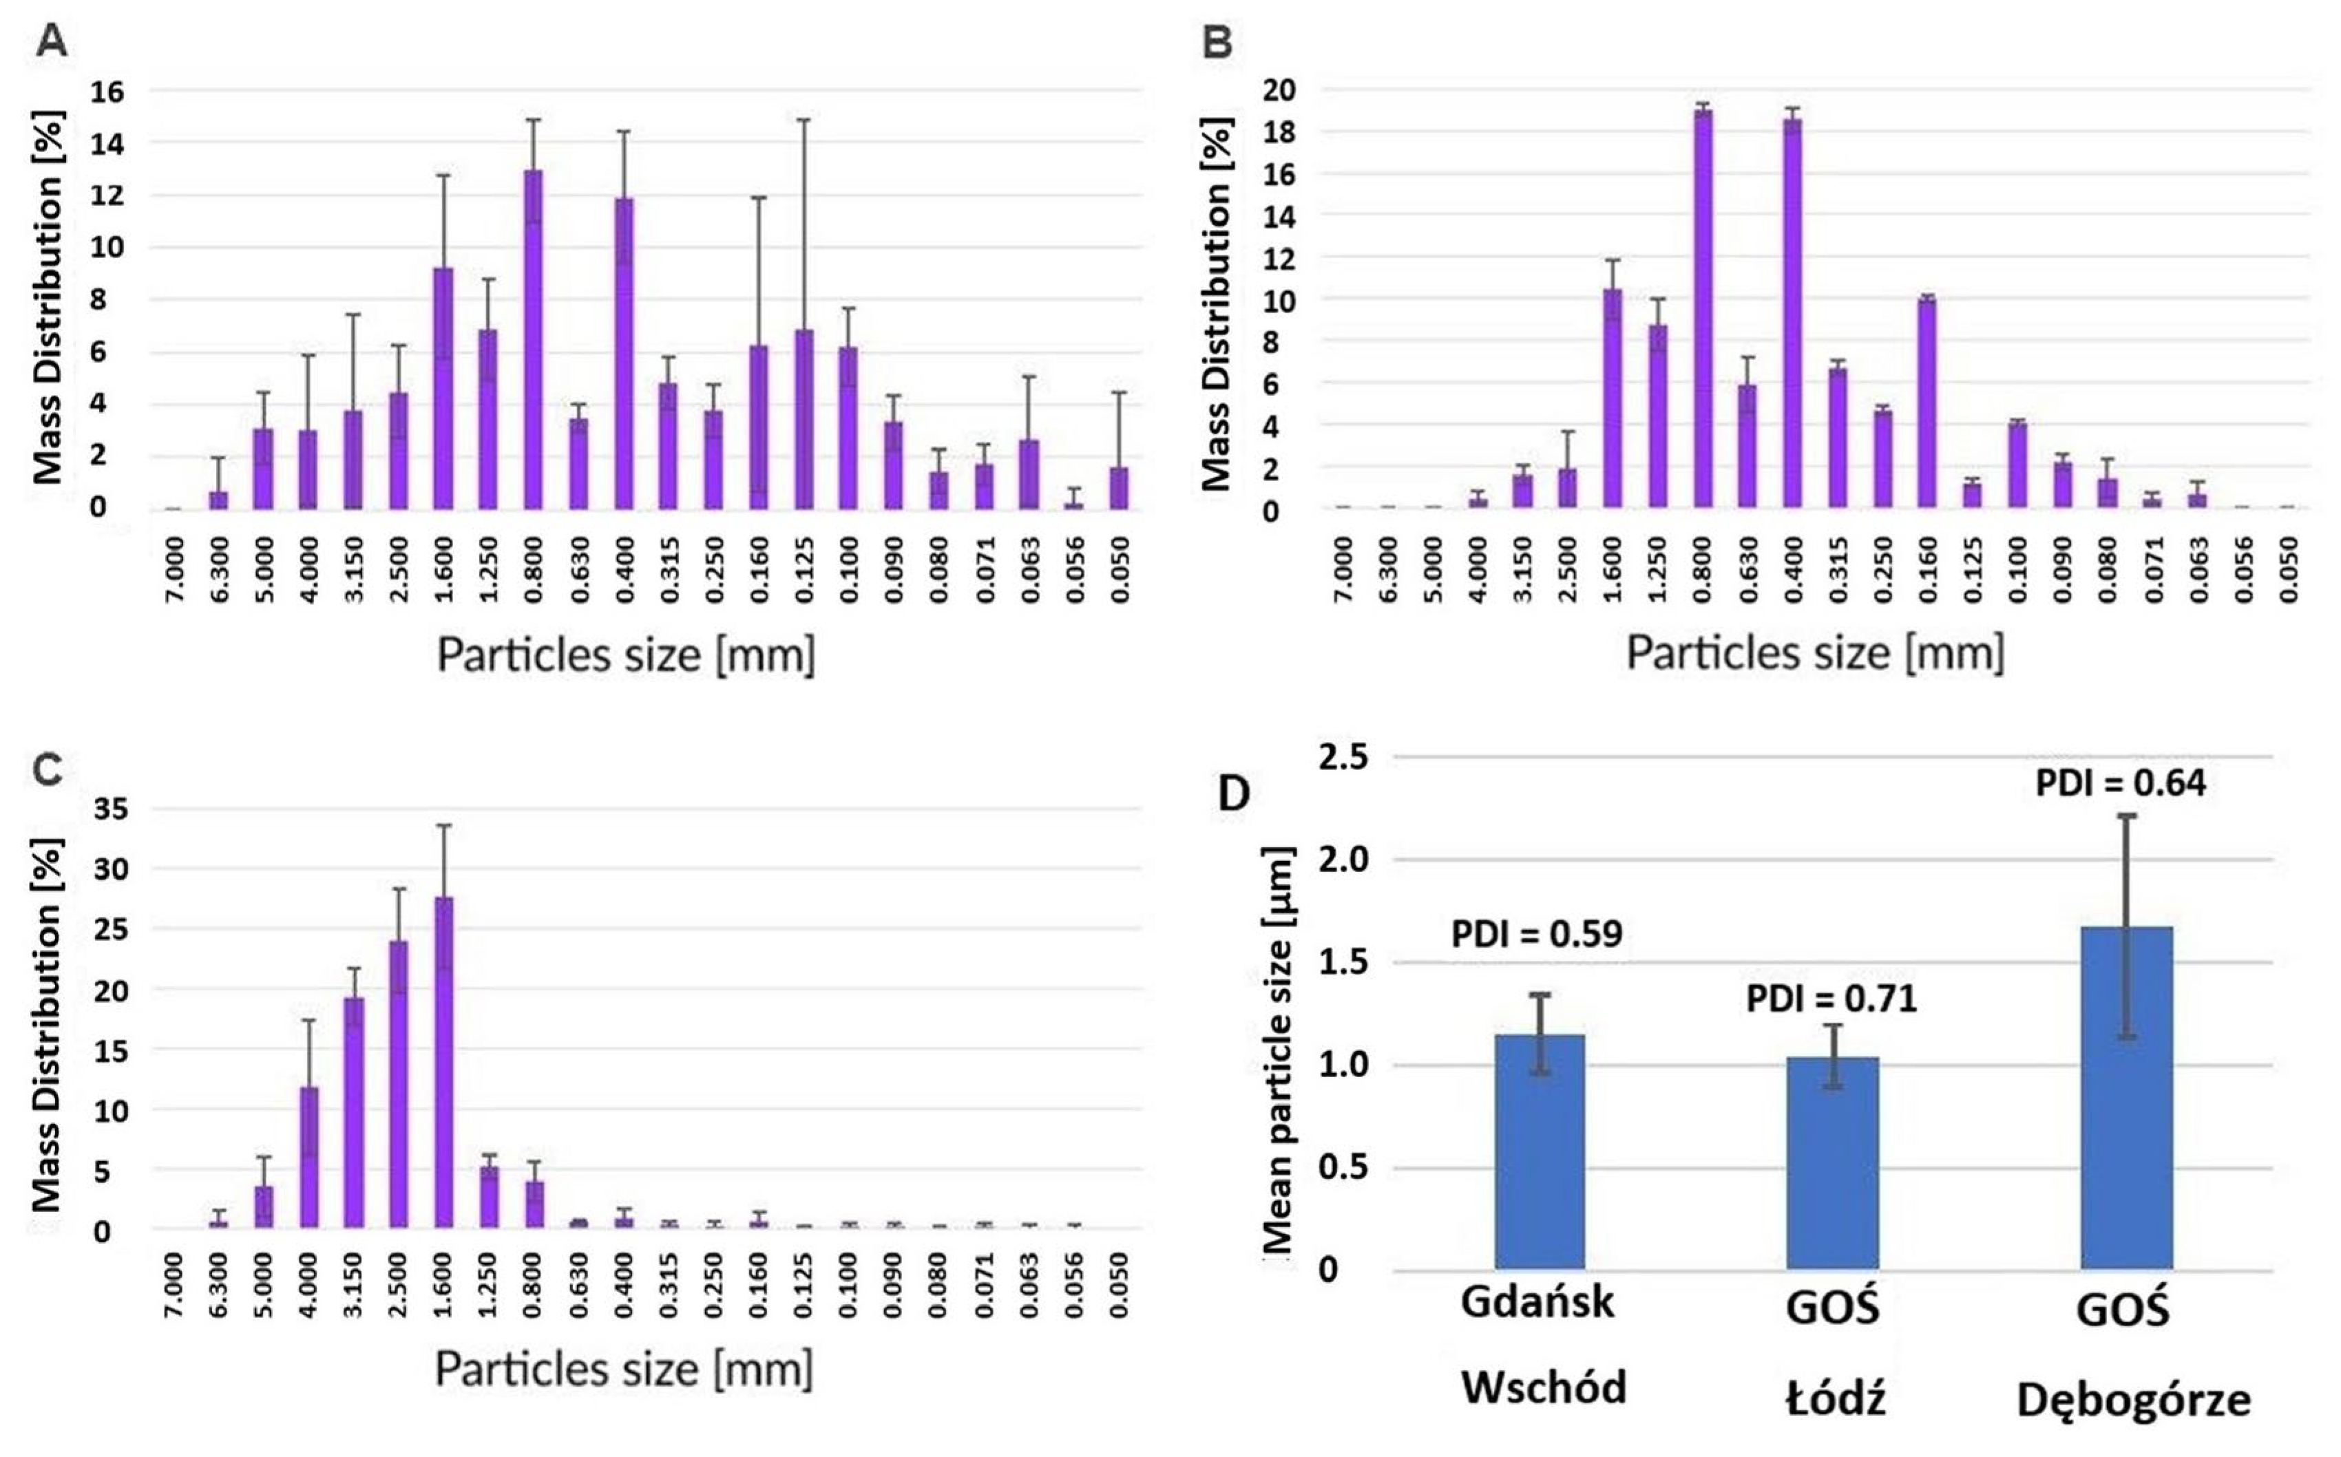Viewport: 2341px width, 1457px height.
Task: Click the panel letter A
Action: click(50, 41)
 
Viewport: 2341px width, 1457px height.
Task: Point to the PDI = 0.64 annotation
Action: click(2120, 783)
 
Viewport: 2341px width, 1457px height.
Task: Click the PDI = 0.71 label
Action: click(1831, 999)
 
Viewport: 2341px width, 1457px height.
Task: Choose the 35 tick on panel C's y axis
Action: click(109, 809)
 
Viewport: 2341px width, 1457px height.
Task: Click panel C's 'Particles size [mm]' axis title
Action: click(624, 1368)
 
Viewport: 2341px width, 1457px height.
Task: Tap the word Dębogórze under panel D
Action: click(2134, 1399)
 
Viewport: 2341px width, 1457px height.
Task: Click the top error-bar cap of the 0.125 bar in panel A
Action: click(803, 120)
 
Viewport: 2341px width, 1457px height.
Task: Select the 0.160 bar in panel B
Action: click(1928, 403)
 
